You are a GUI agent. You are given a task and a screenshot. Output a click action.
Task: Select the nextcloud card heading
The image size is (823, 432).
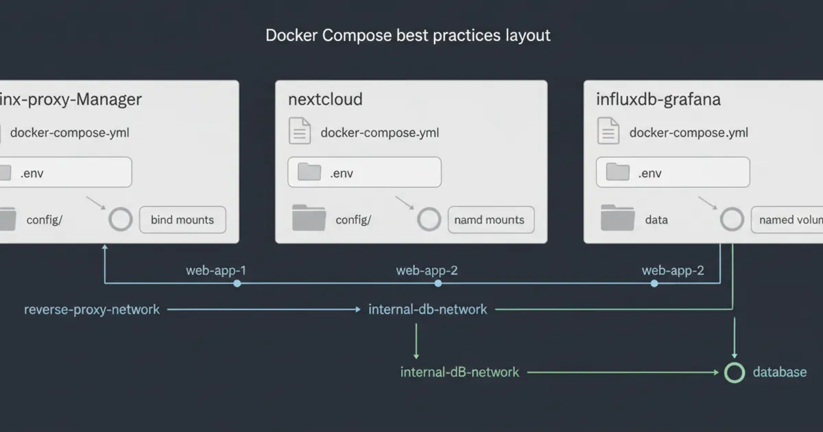pyautogui.click(x=325, y=99)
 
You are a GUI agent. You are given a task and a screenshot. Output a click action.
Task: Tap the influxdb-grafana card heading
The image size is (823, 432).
pyautogui.click(x=658, y=99)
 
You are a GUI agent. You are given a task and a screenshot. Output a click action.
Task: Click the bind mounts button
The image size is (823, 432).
pyautogui.click(x=182, y=220)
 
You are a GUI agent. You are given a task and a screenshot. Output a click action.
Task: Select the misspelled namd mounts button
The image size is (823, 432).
pyautogui.click(x=490, y=220)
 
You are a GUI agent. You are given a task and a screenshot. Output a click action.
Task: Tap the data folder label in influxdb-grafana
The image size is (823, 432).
pyautogui.click(x=656, y=220)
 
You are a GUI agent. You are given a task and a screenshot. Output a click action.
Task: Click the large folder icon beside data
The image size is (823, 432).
pyautogui.click(x=617, y=218)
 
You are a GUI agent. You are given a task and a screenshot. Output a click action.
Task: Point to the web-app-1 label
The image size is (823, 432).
pyautogui.click(x=216, y=270)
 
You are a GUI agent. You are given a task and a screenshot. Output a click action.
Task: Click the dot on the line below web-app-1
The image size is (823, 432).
pyautogui.click(x=237, y=283)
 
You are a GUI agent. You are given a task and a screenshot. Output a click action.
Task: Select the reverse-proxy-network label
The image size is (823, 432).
pyautogui.click(x=92, y=309)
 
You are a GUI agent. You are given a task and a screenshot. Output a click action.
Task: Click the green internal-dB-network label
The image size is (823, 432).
pyautogui.click(x=460, y=372)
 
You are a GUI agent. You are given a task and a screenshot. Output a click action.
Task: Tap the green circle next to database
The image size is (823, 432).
pyautogui.click(x=735, y=372)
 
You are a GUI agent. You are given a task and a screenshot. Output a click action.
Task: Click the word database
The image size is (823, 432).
pyautogui.click(x=780, y=372)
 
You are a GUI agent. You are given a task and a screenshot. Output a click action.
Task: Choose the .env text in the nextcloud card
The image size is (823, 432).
pyautogui.click(x=342, y=173)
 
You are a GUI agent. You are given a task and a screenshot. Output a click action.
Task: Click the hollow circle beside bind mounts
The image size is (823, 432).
pyautogui.click(x=121, y=219)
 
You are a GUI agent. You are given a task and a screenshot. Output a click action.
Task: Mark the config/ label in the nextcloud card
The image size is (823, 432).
pyautogui.click(x=353, y=220)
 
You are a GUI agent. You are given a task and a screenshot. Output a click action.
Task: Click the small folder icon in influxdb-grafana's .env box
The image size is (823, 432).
pyautogui.click(x=618, y=172)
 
